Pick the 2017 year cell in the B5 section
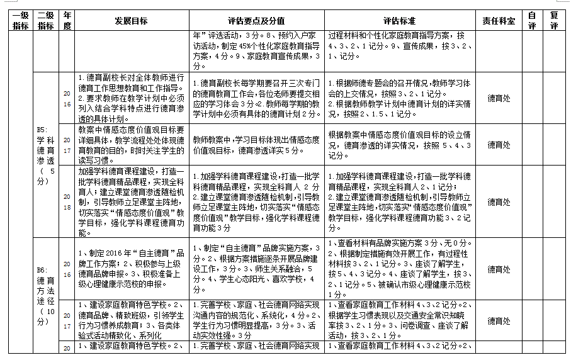pyautogui.click(x=67, y=145)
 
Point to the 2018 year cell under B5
pyautogui.click(x=67, y=201)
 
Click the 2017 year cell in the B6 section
pyautogui.click(x=67, y=321)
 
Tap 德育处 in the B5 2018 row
pyautogui.click(x=499, y=202)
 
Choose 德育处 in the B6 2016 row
pyautogui.click(x=499, y=269)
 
